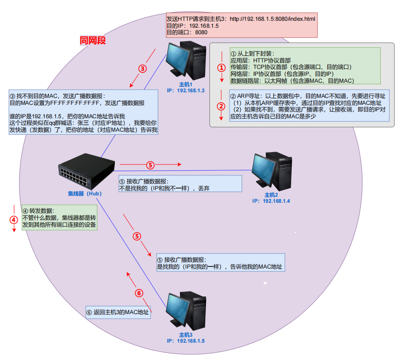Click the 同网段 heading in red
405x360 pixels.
(93, 41)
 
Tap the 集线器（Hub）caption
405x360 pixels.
(85, 194)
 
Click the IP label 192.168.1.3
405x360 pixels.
(186, 91)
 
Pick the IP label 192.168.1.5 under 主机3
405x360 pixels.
(186, 341)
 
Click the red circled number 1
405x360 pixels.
(222, 68)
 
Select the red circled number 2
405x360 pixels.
(222, 106)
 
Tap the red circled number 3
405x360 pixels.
(142, 68)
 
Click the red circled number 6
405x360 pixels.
(139, 293)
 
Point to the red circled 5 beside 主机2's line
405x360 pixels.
(150, 165)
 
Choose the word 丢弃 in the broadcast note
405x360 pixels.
(204, 188)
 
